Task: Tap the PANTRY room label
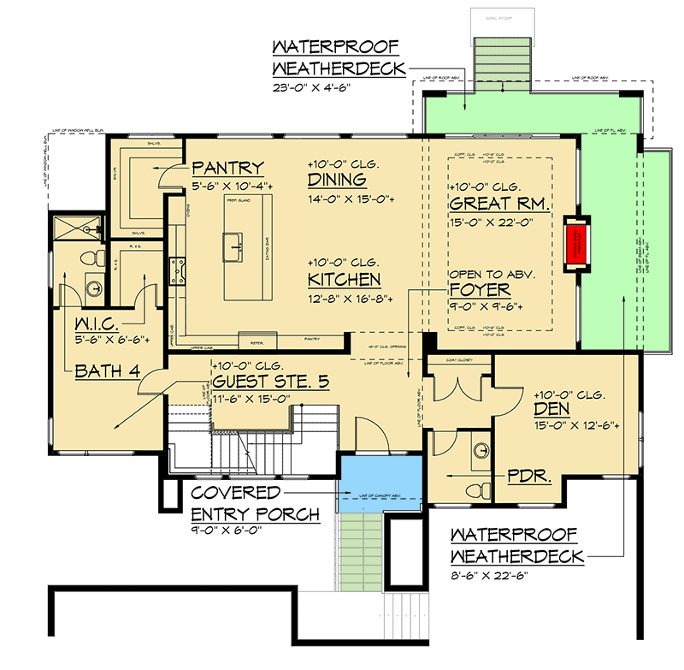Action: [227, 168]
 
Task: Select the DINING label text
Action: [337, 180]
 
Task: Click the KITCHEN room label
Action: [345, 280]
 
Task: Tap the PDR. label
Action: [531, 472]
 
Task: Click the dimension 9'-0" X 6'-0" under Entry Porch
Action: [227, 531]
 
